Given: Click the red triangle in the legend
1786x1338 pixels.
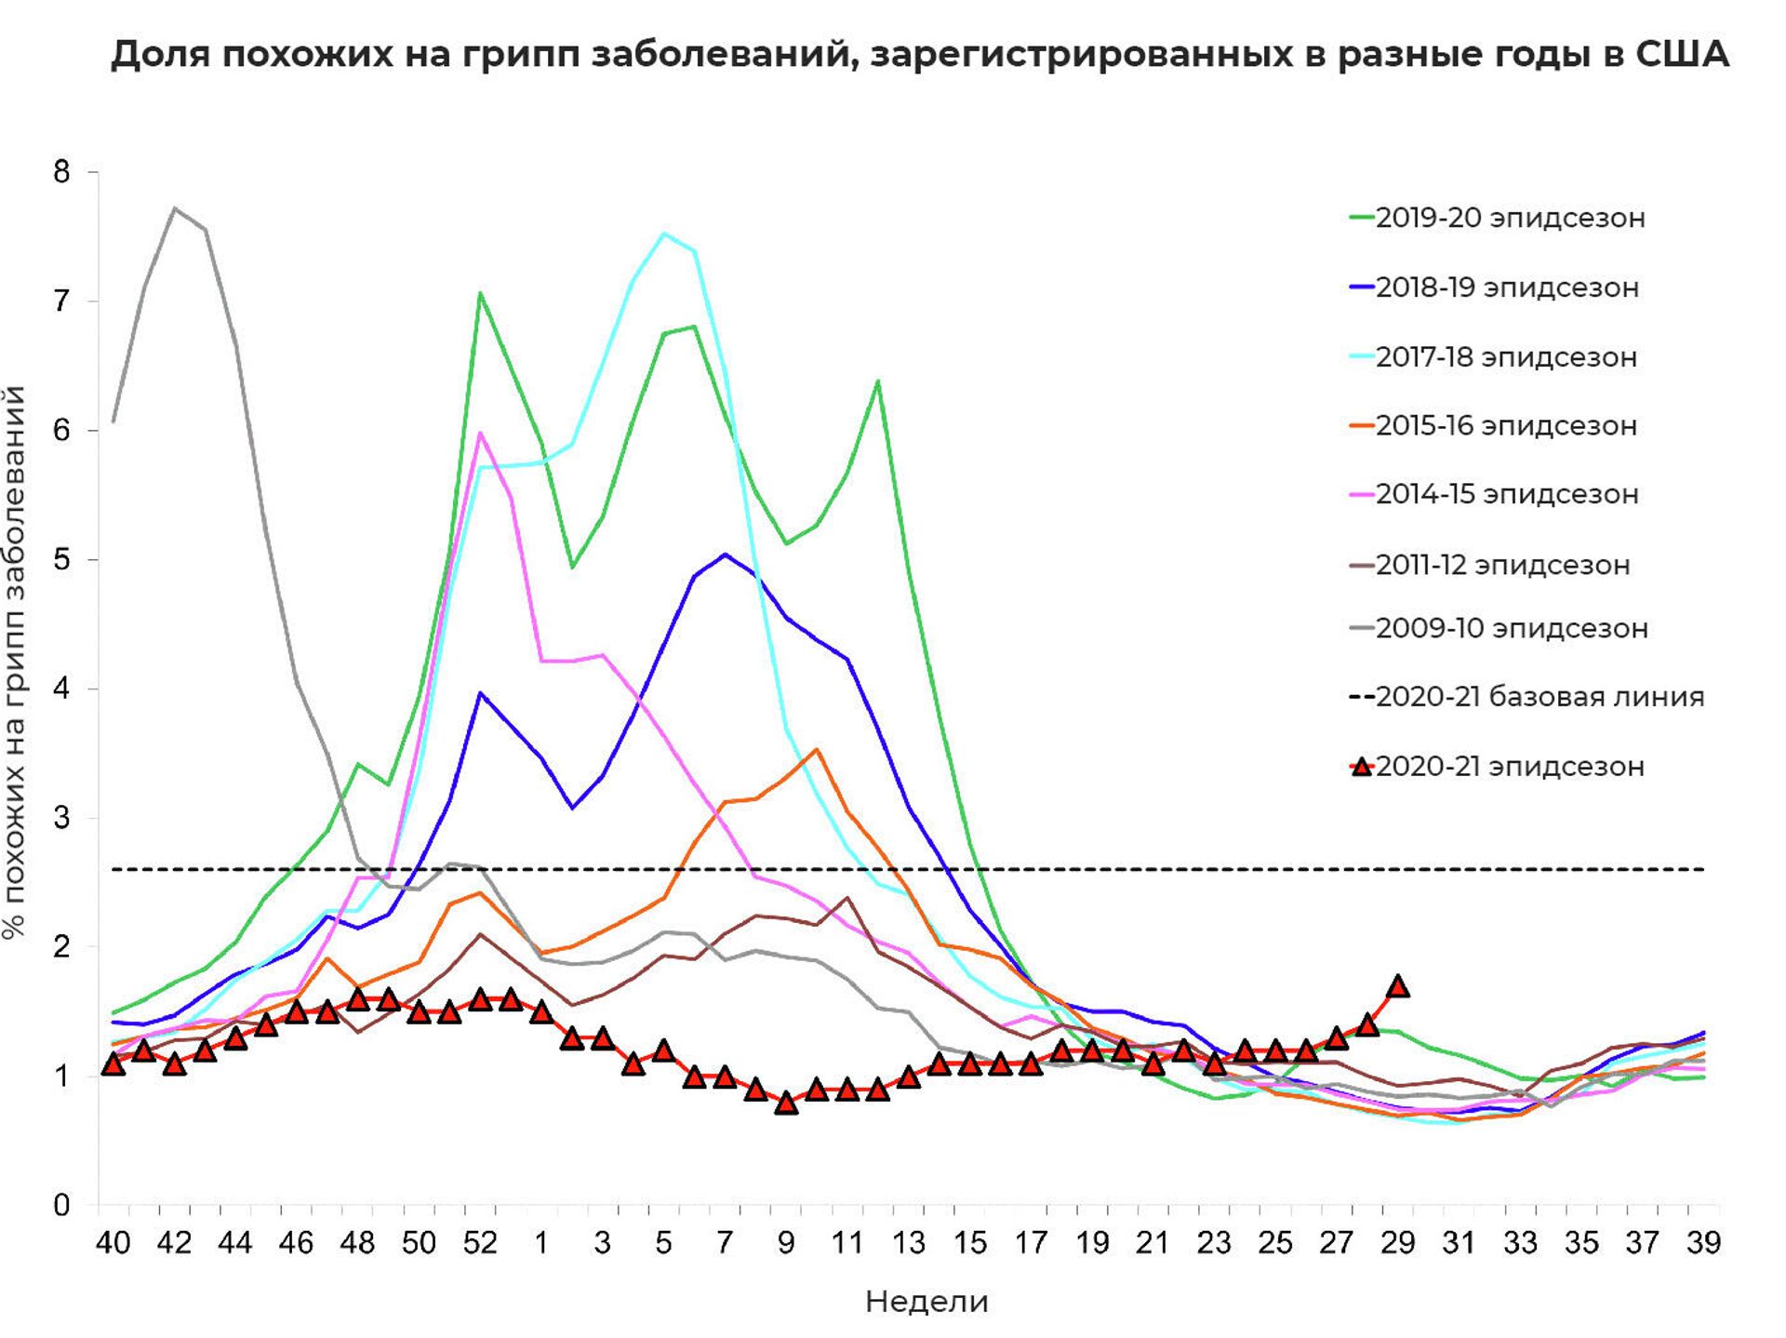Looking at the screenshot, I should point(1363,767).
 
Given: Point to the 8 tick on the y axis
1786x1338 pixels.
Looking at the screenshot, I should point(62,172).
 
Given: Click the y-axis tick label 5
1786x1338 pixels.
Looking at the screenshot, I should point(62,560).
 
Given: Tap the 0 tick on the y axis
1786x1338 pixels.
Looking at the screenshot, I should point(62,1206).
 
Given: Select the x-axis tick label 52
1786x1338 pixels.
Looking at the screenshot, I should point(480,1243).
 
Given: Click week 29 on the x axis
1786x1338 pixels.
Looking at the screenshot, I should point(1397,1243).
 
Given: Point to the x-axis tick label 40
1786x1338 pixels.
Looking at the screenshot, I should point(113,1243).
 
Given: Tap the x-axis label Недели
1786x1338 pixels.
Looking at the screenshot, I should point(926,1302).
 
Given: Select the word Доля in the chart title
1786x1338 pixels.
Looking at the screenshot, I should point(158,55).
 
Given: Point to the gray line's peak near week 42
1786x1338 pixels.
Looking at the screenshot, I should point(175,208).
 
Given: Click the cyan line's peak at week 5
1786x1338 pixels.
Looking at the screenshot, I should point(663,233).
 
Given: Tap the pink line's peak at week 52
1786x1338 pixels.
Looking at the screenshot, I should point(480,433).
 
